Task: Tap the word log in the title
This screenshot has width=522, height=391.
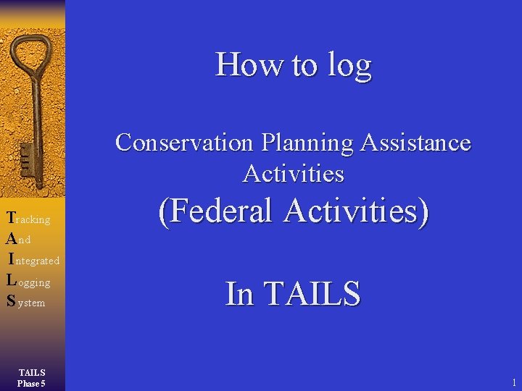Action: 350,66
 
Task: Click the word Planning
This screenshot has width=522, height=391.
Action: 308,143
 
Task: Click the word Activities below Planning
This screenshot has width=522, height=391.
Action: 294,174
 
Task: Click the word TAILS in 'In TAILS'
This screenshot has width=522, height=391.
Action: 312,293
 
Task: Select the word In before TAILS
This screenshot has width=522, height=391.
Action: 239,293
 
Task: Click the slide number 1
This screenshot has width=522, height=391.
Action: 513,382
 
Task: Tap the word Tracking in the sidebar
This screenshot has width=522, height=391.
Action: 28,219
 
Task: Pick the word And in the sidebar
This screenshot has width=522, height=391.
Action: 18,238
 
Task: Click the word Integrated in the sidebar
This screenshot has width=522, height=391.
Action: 35,259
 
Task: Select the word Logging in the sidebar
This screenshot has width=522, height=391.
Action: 28,282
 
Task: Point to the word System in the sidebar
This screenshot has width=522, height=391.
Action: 26,302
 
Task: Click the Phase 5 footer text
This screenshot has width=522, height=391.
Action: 32,383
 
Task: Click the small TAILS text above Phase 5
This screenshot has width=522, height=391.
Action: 32,373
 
